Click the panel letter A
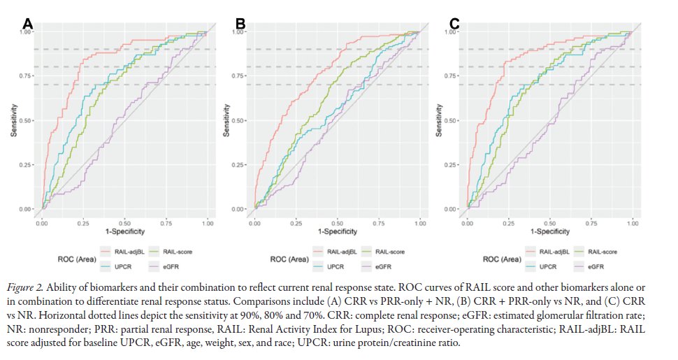click(28, 25)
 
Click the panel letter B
click(240, 25)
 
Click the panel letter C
click(454, 25)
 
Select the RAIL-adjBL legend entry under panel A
click(129, 251)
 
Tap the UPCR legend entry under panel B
click(337, 266)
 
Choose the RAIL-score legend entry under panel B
click(390, 251)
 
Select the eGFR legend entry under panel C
click(596, 266)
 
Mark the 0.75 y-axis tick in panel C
click(454, 75)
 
